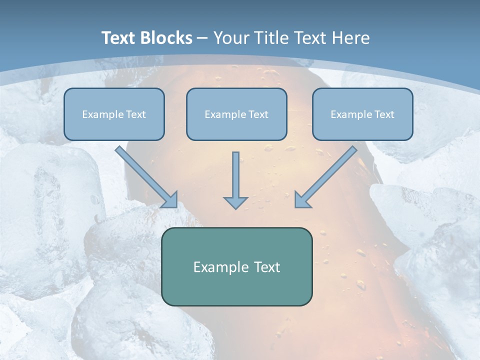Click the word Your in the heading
tap(231, 38)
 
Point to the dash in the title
tap(202, 38)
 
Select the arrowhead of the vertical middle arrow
tap(235, 202)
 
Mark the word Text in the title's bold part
tap(118, 38)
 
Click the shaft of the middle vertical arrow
tap(235, 172)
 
